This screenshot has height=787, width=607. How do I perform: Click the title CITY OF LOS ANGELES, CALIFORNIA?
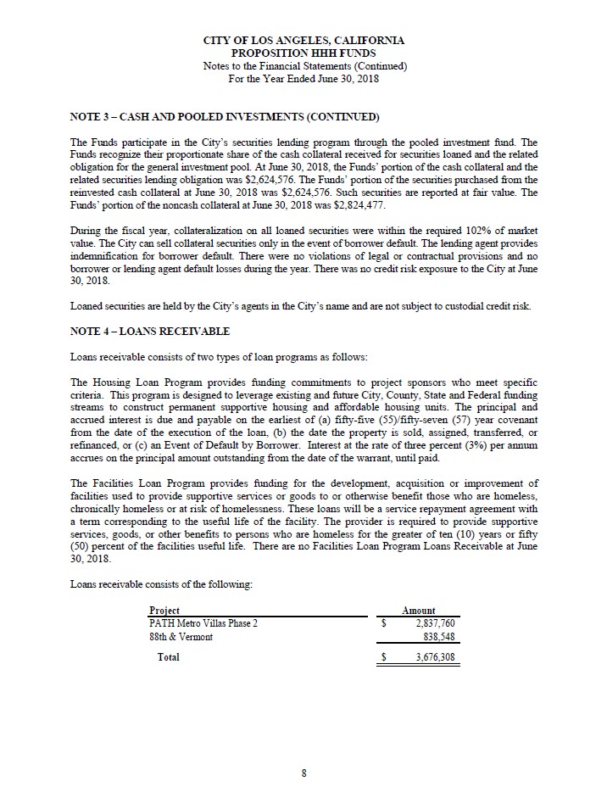303,40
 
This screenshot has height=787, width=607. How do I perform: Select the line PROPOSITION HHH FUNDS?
303,53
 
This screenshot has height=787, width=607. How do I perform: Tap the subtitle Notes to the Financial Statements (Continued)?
303,65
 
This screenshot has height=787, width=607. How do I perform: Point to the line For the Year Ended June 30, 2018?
303,79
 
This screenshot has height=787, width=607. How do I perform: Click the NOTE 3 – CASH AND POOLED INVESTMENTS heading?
224,115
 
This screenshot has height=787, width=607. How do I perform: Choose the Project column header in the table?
164,611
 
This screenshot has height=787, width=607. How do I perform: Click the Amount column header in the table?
419,611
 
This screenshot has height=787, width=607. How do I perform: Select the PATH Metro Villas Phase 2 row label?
203,623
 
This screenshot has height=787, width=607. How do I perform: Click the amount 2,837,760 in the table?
437,623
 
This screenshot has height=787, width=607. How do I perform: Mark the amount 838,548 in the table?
442,637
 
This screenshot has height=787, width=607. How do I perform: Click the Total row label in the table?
168,657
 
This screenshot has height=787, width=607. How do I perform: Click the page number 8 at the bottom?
303,772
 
